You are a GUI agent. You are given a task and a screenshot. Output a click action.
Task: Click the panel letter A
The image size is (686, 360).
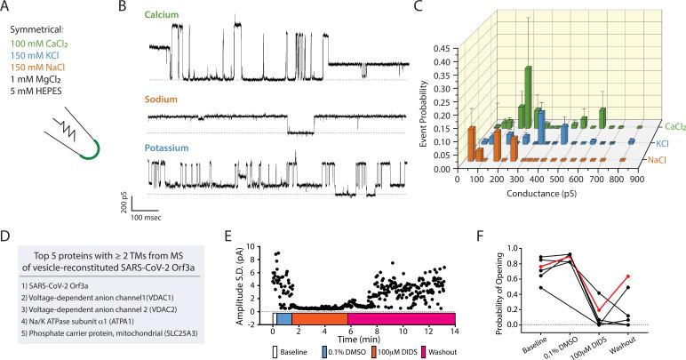pos(7,7)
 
